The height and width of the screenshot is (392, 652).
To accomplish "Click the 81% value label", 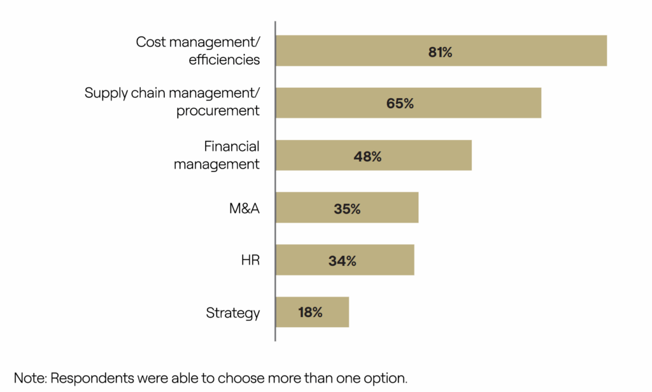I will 440,52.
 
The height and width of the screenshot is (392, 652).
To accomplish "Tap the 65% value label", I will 400,104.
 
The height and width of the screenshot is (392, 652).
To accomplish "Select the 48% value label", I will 367,156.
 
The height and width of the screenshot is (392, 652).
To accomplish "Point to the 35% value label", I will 347,208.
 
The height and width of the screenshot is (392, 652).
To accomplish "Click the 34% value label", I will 343,260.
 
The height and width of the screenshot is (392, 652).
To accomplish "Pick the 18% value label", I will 310,312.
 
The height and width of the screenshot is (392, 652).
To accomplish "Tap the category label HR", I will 250,260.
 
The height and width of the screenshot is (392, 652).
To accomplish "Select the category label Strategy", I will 233,313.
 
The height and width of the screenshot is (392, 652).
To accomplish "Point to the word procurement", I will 218,111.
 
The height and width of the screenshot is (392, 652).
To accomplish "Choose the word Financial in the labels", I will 232,147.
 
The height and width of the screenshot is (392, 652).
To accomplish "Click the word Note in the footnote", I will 29,377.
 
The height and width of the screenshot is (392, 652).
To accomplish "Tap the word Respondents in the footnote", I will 93,378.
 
